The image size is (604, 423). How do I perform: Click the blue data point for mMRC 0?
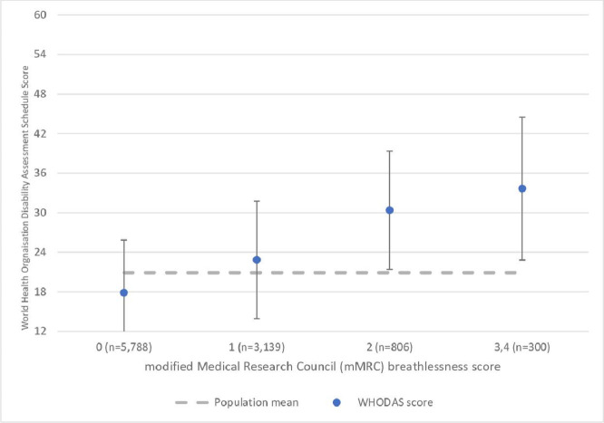[x=123, y=293]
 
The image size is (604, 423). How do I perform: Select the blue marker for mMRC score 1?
[x=257, y=260]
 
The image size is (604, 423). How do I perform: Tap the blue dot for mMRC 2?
[x=389, y=210]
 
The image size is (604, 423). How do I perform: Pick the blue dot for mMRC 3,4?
[x=522, y=188]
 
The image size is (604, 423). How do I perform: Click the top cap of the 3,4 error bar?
[x=522, y=117]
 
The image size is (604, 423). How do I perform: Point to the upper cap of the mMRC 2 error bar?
[x=389, y=151]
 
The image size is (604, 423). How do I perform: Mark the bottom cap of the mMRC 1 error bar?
[x=257, y=319]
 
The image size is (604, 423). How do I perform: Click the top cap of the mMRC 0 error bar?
[x=123, y=240]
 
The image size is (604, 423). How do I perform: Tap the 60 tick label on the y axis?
[x=40, y=14]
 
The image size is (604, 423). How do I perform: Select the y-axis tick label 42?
[x=40, y=133]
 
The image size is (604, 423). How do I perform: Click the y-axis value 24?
[x=40, y=252]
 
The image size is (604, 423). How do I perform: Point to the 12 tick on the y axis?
[x=40, y=331]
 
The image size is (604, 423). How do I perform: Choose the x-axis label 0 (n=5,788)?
[x=124, y=347]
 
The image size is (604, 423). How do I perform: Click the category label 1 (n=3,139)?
[x=257, y=347]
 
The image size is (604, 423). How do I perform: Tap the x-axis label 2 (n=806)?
[x=389, y=347]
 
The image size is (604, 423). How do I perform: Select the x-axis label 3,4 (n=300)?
[x=522, y=347]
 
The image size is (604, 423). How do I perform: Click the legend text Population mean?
[x=256, y=402]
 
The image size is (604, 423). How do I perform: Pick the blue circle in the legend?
[x=336, y=402]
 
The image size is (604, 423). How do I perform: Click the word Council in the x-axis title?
[x=316, y=367]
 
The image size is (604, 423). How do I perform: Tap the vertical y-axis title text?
[x=25, y=197]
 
